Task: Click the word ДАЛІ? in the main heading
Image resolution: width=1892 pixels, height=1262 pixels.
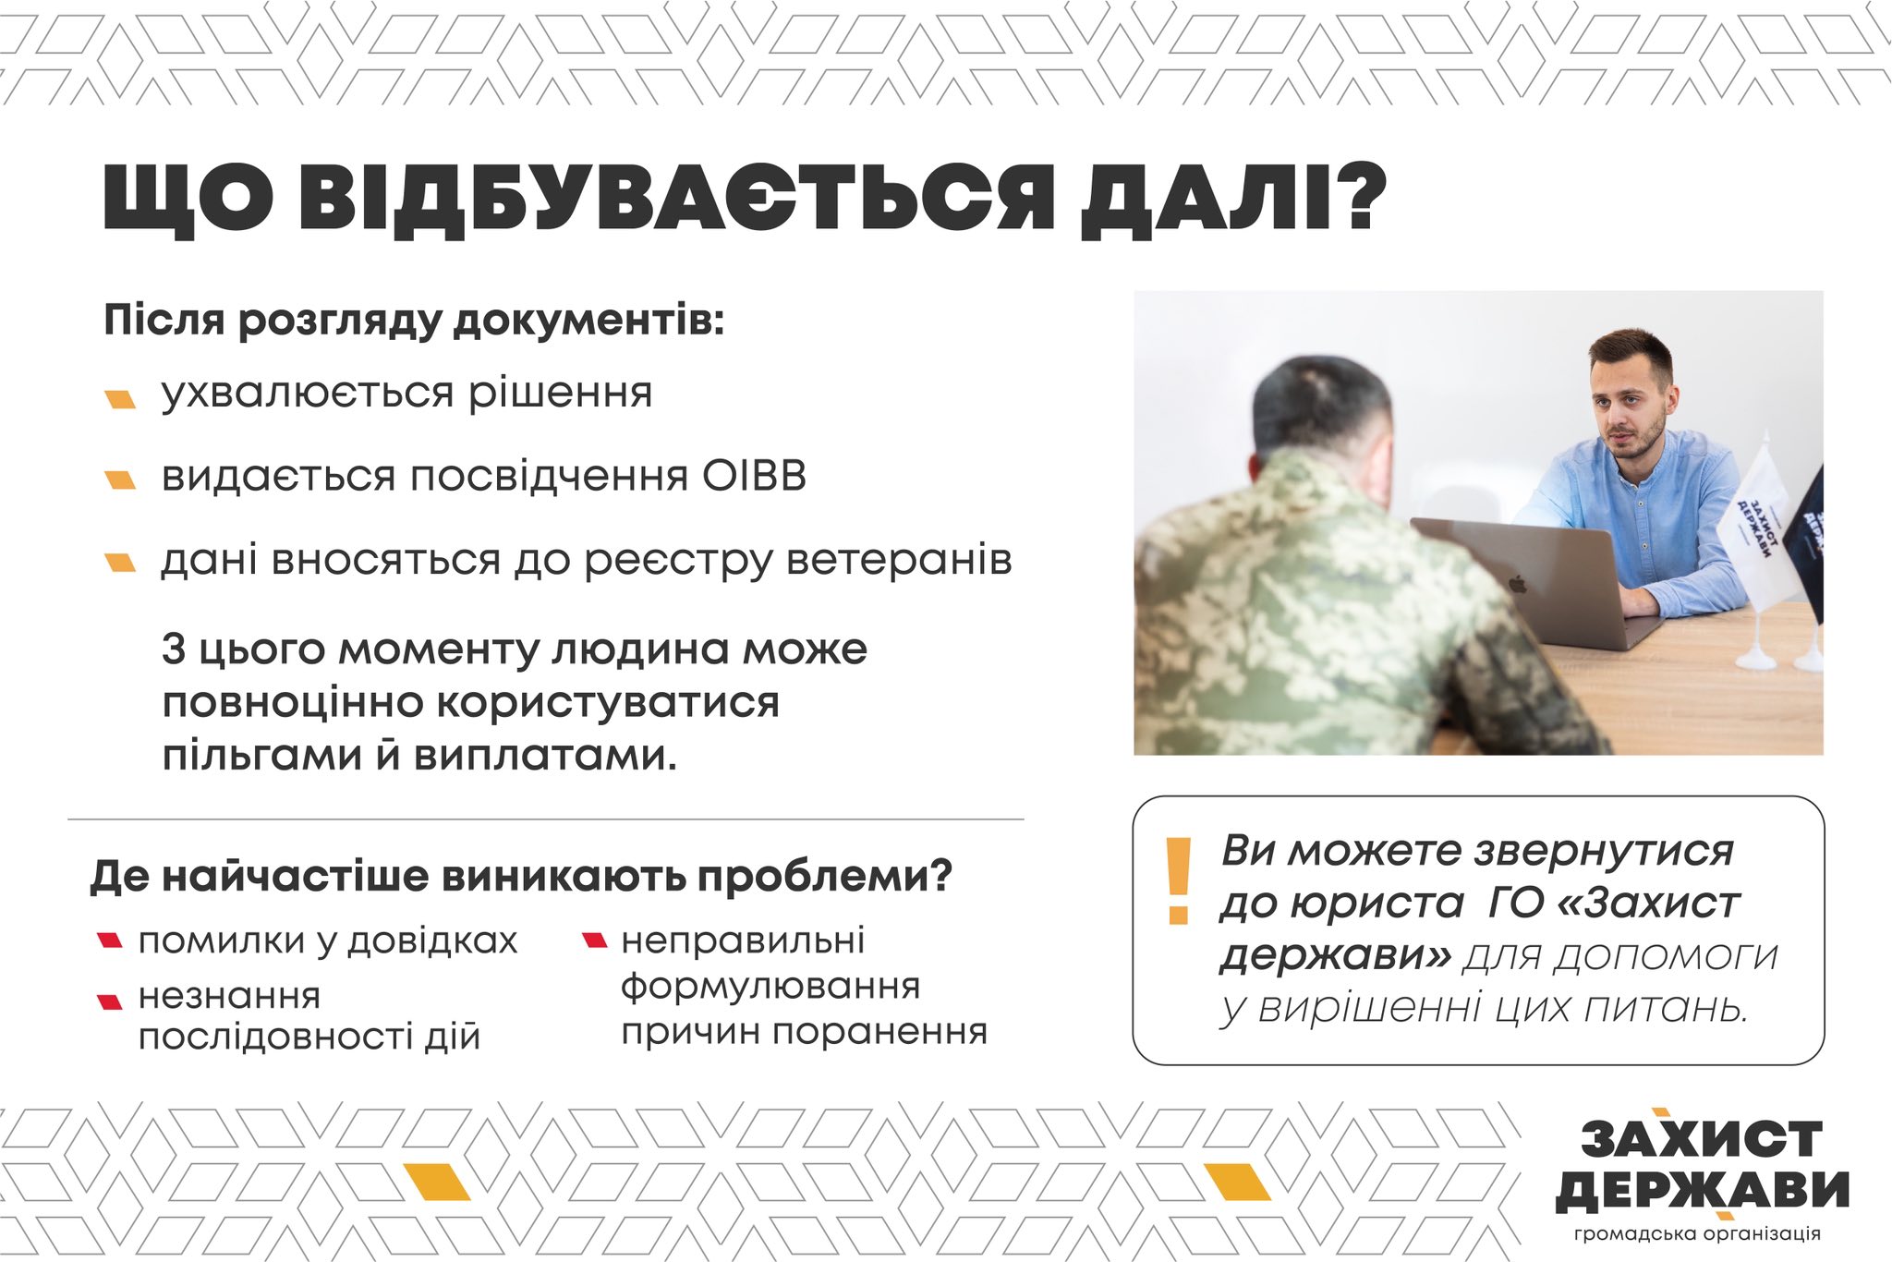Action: click(x=1233, y=199)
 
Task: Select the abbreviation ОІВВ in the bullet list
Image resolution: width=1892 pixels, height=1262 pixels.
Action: click(x=754, y=477)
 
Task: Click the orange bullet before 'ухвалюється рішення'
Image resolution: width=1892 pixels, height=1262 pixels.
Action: click(x=120, y=399)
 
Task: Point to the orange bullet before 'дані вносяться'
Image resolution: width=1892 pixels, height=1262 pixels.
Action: click(x=120, y=563)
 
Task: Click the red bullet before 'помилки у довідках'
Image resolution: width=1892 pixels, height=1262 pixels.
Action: click(x=110, y=941)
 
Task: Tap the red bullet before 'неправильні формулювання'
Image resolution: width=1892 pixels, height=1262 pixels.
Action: click(x=594, y=941)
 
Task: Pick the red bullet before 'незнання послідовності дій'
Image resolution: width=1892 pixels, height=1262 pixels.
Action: click(x=110, y=1001)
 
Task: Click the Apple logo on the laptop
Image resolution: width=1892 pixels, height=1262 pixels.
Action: click(x=1515, y=584)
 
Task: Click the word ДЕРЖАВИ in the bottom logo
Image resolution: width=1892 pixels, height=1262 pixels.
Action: click(x=1703, y=1190)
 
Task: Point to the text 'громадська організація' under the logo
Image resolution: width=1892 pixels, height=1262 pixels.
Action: click(x=1697, y=1234)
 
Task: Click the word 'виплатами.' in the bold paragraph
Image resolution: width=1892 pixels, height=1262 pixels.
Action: click(x=545, y=756)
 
